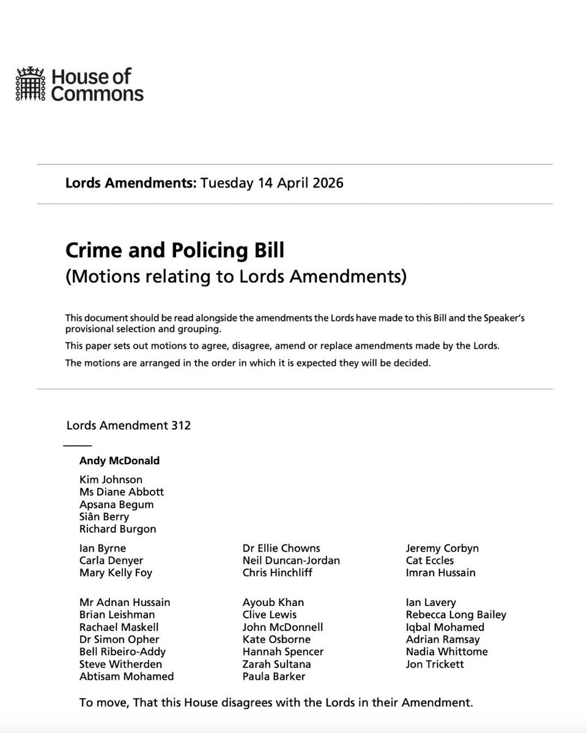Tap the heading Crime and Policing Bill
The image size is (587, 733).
175,251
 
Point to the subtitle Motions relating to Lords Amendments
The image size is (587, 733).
235,277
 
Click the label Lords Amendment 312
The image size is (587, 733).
128,425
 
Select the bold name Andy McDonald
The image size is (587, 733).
119,461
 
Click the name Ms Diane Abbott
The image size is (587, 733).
121,492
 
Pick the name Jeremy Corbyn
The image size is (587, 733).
442,548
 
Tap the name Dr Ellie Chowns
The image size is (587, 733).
281,548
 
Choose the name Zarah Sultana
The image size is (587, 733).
276,664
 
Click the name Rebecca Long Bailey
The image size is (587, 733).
456,615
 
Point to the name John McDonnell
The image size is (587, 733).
282,627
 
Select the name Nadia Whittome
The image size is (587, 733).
446,652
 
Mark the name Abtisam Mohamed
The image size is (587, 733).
127,676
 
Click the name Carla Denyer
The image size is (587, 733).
111,560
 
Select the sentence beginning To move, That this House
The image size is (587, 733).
276,702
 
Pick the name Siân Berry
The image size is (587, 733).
104,517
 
